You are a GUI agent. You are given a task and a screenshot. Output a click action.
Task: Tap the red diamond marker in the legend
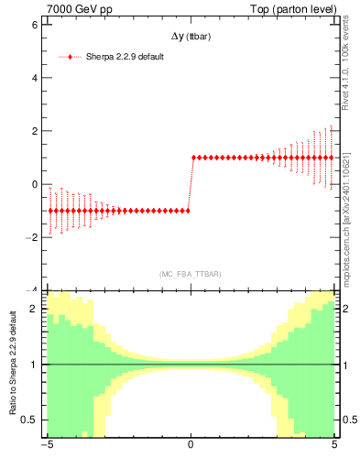tap(71, 57)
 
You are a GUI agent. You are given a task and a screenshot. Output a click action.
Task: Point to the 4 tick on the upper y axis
tap(35, 77)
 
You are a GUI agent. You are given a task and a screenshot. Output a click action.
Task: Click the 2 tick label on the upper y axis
tap(35, 131)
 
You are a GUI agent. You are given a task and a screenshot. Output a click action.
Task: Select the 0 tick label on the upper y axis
tap(35, 184)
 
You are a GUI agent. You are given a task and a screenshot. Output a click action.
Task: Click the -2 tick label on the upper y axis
tap(32, 237)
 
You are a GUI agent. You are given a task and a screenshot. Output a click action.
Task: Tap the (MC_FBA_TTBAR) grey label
tap(190, 274)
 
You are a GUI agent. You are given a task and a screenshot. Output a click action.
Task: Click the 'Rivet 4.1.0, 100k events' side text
tap(346, 69)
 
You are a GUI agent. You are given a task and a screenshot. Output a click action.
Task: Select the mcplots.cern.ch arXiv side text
tap(346, 211)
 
